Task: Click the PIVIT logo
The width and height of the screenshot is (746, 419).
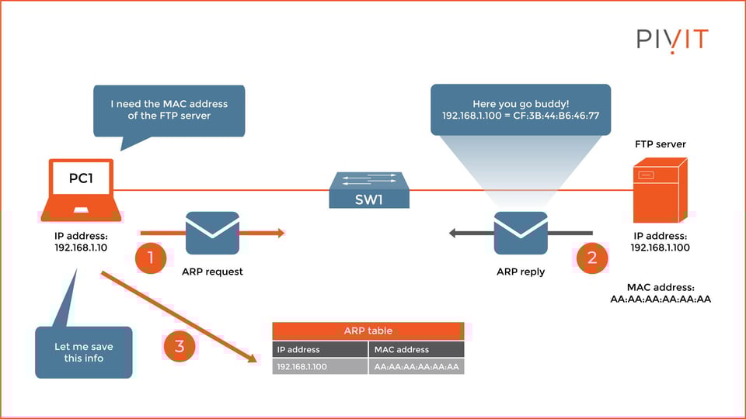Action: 672,40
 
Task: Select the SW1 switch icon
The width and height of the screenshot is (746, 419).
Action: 368,190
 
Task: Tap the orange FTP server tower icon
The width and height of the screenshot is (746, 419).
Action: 659,190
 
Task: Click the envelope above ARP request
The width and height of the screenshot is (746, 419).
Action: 212,233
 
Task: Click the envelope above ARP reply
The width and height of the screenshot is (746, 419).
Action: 521,233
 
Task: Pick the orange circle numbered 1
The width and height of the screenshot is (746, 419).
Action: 150,258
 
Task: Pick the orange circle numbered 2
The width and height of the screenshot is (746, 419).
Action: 591,258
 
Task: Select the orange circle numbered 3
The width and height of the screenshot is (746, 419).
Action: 180,346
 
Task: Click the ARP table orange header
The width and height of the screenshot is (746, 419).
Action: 368,331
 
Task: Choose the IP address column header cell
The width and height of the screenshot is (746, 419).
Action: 320,349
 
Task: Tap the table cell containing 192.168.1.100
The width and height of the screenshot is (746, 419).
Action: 320,366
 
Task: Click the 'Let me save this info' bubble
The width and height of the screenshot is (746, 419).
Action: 84,352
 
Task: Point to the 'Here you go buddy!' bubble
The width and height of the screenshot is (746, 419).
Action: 521,109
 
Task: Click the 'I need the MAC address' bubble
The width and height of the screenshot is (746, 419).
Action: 169,110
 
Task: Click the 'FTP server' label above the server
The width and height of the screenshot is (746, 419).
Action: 661,144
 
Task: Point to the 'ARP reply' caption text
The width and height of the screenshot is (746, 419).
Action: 521,272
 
